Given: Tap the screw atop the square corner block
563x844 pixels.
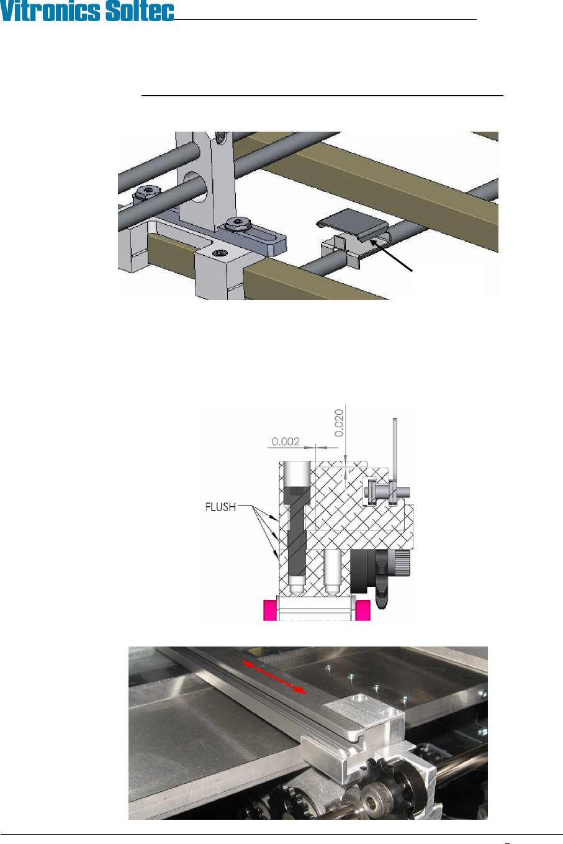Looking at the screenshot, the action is click(219, 253).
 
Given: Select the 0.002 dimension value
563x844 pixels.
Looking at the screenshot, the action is click(286, 442).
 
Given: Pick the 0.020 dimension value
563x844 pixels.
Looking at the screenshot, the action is click(340, 425).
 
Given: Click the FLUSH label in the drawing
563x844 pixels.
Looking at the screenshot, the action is click(220, 507).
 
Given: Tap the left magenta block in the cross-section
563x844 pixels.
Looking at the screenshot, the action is click(271, 610).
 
